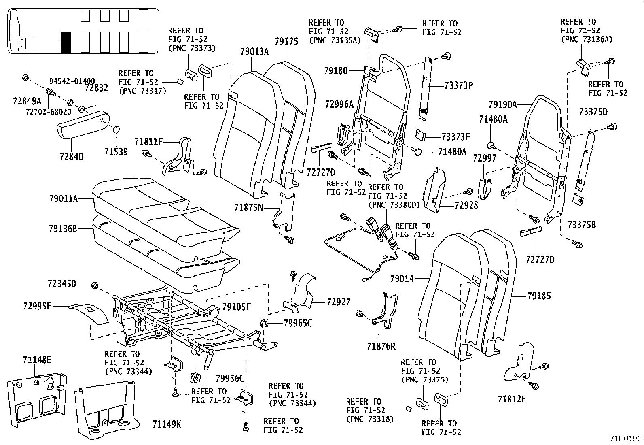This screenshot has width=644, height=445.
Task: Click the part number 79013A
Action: pyautogui.click(x=254, y=51)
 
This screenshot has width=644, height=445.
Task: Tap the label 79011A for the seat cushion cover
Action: pyautogui.click(x=64, y=198)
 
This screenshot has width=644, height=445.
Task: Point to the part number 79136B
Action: pyautogui.click(x=63, y=229)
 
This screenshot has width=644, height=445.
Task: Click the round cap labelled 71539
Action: pyautogui.click(x=116, y=130)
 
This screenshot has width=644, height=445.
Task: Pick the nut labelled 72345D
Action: pyautogui.click(x=94, y=285)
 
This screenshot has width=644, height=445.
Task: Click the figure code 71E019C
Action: pyautogui.click(x=626, y=439)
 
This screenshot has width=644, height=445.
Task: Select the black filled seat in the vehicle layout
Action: pyautogui.click(x=66, y=42)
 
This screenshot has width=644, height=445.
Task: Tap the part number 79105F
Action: pyautogui.click(x=236, y=307)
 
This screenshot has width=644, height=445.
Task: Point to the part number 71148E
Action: pyautogui.click(x=37, y=360)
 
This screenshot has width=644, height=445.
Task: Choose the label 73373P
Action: pyautogui.click(x=459, y=85)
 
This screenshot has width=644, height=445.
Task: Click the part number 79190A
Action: pyautogui.click(x=503, y=105)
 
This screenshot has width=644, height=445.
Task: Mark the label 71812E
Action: pyautogui.click(x=512, y=399)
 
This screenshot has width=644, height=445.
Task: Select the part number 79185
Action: pyautogui.click(x=539, y=296)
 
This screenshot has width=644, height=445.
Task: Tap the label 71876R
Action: pyautogui.click(x=381, y=346)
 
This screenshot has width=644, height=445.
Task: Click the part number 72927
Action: pyautogui.click(x=339, y=302)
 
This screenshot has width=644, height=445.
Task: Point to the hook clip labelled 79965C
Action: pyautogui.click(x=263, y=323)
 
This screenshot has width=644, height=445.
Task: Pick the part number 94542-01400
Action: pyautogui.click(x=72, y=81)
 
